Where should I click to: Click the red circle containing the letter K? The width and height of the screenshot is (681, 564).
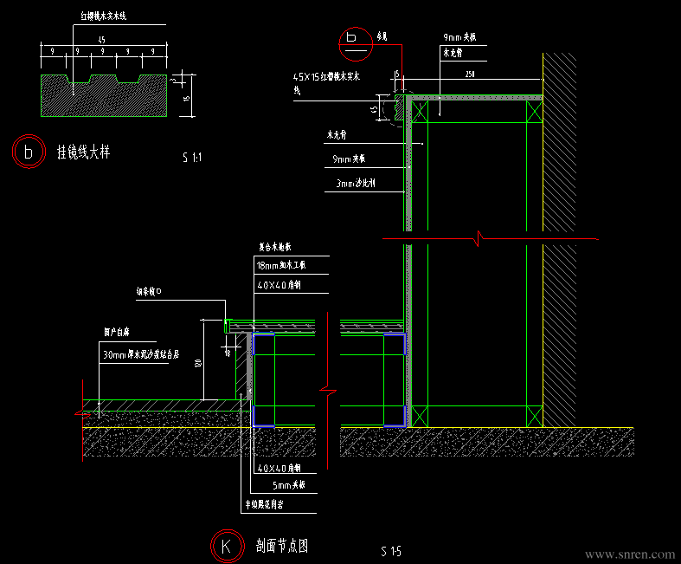click(226, 547)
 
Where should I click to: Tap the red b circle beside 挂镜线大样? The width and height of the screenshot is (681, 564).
click(29, 152)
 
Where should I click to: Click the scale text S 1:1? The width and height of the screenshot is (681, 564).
click(192, 158)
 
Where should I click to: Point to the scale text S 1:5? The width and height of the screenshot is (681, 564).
click(391, 551)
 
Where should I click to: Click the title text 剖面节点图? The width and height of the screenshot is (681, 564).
click(282, 546)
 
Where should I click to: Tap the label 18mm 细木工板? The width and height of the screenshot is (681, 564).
click(281, 265)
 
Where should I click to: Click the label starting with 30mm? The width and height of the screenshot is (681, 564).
click(139, 354)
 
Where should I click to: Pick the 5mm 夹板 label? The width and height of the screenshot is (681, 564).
click(289, 486)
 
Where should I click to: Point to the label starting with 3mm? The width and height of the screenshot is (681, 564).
click(352, 184)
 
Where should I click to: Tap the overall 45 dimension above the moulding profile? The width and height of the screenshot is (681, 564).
click(102, 40)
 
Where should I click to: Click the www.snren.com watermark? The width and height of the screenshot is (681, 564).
click(629, 554)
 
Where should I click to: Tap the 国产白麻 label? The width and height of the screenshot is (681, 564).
click(116, 332)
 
